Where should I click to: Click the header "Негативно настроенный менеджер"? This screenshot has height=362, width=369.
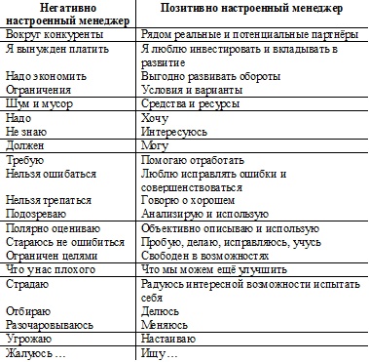67,15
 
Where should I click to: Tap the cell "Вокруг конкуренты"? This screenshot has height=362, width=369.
46,31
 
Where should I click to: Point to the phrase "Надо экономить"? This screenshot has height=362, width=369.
41,75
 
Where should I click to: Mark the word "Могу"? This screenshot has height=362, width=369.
154,144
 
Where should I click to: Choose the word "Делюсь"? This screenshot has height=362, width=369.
159,311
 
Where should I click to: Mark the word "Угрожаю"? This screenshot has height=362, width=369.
28,339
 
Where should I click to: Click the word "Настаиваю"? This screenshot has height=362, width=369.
167,339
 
